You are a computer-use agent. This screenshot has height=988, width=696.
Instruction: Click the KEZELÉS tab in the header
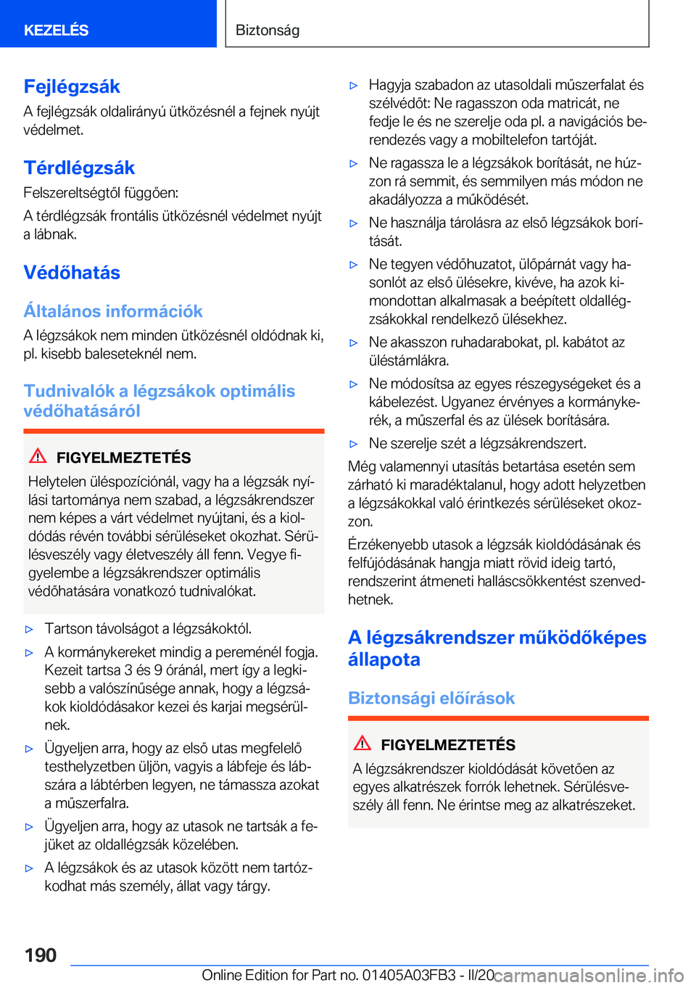click(x=56, y=30)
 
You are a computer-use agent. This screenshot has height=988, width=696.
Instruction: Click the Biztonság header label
click(x=268, y=30)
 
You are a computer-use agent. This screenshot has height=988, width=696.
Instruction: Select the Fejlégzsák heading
click(x=72, y=86)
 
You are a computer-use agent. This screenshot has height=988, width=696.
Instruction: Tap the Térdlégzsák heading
click(x=79, y=168)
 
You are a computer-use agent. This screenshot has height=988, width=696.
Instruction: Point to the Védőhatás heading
click(x=72, y=273)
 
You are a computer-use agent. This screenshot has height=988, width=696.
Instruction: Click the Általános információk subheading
click(x=113, y=311)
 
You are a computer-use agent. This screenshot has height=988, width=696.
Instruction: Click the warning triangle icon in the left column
click(x=38, y=456)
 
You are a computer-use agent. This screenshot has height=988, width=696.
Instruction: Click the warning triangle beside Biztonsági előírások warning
click(x=362, y=743)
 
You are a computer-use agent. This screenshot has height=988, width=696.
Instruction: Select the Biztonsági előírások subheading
click(x=431, y=698)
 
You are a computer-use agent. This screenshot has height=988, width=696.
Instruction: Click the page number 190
click(x=41, y=955)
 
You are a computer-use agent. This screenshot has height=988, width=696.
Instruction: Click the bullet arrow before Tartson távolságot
click(x=30, y=629)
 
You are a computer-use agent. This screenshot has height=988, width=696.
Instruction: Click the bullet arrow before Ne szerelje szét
click(x=354, y=444)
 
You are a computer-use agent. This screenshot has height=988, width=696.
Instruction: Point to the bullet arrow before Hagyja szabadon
click(x=354, y=86)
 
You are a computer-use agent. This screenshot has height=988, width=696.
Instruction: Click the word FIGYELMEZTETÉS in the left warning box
click(x=123, y=458)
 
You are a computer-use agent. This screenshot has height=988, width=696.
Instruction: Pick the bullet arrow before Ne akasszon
click(x=354, y=343)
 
